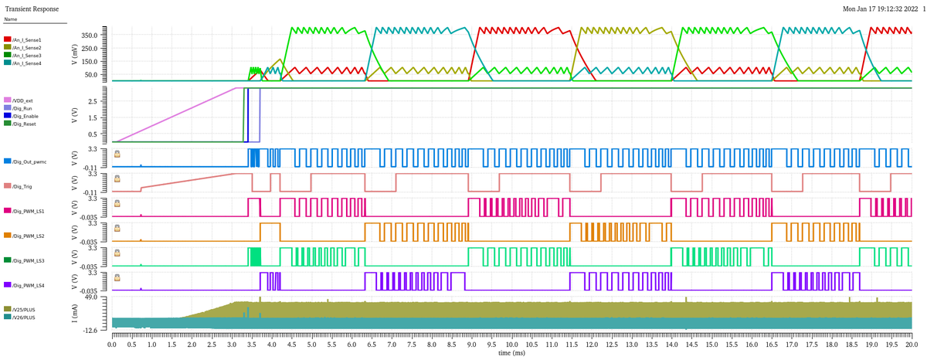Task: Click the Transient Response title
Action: click(32, 8)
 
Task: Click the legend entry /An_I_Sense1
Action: click(27, 39)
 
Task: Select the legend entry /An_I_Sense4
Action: click(27, 63)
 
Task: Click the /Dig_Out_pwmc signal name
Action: click(30, 161)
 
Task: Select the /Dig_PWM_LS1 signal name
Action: click(29, 211)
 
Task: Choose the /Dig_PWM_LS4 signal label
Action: click(29, 285)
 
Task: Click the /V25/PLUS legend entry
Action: click(24, 309)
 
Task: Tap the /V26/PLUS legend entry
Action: click(24, 317)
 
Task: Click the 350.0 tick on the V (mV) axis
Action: click(90, 36)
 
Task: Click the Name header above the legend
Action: click(10, 19)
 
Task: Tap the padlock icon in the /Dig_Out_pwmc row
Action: click(117, 154)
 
